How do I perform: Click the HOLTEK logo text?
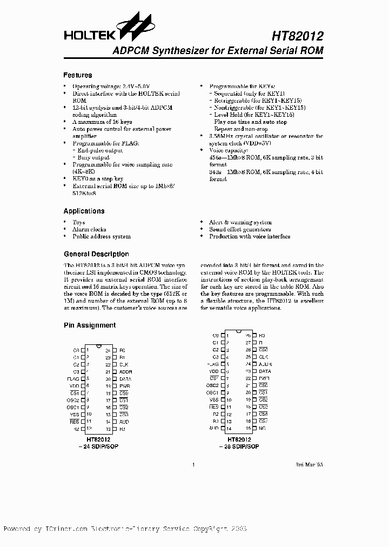pos(89,36)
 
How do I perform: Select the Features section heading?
pos(78,75)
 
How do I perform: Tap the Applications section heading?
pos(84,211)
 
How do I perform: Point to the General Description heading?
pos(96,254)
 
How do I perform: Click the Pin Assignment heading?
pos(90,325)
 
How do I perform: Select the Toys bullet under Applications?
pos(78,222)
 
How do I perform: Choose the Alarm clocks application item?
pos(89,229)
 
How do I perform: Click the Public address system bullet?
pos(102,236)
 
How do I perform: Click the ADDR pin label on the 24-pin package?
pos(125,372)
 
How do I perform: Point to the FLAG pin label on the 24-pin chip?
pos(73,379)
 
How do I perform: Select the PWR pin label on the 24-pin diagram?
pos(124,386)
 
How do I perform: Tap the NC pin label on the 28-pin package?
pos(262,428)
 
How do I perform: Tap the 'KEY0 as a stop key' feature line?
pos(98,178)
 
